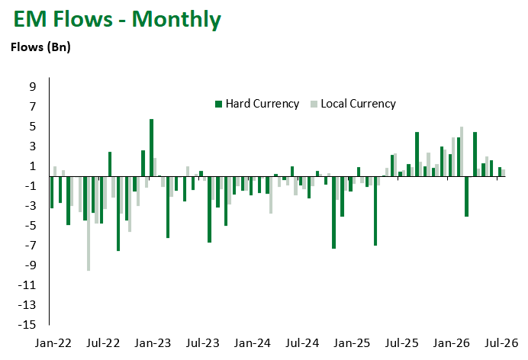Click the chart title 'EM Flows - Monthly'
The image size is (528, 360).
click(x=118, y=19)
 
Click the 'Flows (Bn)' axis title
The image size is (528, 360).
click(x=40, y=47)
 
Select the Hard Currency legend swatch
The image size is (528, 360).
click(x=218, y=104)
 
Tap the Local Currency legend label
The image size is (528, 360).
click(x=359, y=104)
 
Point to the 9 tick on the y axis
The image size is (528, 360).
click(x=32, y=87)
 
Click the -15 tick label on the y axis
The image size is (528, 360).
click(x=27, y=325)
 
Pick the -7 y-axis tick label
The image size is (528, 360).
click(x=29, y=246)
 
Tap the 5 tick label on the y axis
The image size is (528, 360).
click(x=32, y=127)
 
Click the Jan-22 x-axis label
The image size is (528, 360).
click(x=53, y=343)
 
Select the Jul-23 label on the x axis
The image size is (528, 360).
click(x=203, y=343)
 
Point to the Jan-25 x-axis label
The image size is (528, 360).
click(x=352, y=343)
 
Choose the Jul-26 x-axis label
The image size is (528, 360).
click(x=501, y=343)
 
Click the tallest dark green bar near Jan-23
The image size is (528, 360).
click(x=152, y=148)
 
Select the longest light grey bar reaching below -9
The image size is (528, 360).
click(x=89, y=223)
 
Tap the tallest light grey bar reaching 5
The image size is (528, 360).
click(x=462, y=152)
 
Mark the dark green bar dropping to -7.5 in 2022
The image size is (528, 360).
click(x=118, y=214)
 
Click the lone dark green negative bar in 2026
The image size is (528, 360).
click(x=467, y=197)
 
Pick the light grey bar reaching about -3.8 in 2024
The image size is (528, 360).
click(x=271, y=195)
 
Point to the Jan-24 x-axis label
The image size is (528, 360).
click(x=253, y=343)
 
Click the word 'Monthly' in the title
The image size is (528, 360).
click(x=176, y=19)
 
